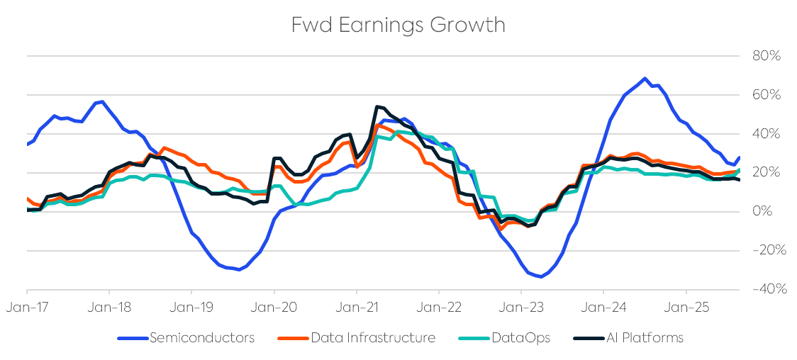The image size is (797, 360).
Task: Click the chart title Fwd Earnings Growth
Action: click(398, 25)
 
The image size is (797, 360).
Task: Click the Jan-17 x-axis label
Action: click(27, 309)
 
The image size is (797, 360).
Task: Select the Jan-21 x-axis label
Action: click(356, 309)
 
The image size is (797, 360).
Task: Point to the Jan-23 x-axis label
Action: click(521, 309)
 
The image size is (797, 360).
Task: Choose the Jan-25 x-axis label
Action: click(686, 309)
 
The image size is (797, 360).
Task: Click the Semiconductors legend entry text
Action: click(201, 338)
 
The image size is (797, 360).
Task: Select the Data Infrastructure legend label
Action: click(373, 338)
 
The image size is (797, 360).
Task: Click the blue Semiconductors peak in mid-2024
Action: click(645, 79)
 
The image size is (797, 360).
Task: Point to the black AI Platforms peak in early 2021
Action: click(376, 107)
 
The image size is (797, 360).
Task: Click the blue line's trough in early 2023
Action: click(541, 276)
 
